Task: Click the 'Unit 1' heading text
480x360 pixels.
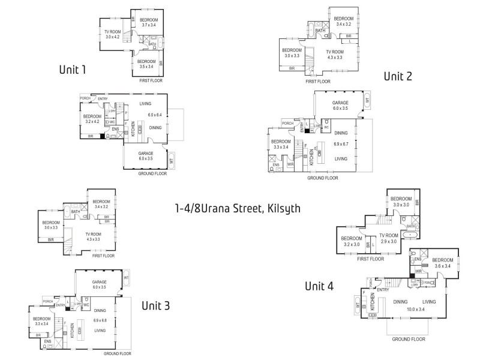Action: [x=72, y=70]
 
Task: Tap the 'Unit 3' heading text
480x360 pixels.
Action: [x=155, y=305]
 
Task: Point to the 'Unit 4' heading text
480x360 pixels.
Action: [x=319, y=286]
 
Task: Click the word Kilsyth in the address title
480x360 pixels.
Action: [x=278, y=209]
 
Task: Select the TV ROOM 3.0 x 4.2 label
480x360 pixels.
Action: [x=113, y=34]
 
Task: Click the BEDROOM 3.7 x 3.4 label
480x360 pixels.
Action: [x=149, y=23]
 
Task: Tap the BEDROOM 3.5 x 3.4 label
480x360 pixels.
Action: [x=146, y=64]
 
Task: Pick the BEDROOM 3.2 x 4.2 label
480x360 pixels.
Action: [x=92, y=119]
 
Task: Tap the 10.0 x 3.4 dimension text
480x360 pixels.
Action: [x=416, y=309]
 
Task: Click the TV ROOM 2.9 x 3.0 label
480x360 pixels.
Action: [x=388, y=238]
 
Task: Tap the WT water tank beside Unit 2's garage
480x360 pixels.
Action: [x=367, y=101]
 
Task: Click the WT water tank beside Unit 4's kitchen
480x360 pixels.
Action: [x=358, y=306]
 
